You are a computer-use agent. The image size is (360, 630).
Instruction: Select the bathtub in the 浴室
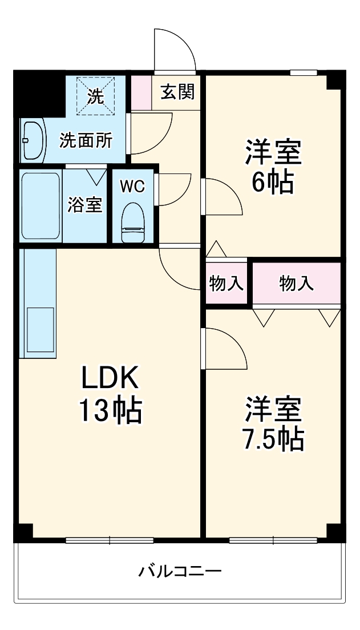click(41, 206)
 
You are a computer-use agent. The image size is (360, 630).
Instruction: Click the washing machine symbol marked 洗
click(96, 96)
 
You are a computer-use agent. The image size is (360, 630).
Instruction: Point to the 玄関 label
click(177, 92)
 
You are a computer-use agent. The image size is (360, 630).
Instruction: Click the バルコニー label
click(180, 571)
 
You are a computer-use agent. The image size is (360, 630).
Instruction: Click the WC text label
click(132, 185)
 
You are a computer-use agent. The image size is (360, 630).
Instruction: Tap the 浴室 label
click(85, 205)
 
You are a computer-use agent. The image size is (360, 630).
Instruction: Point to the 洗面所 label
click(86, 140)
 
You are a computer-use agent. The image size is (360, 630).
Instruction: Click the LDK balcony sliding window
click(109, 540)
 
